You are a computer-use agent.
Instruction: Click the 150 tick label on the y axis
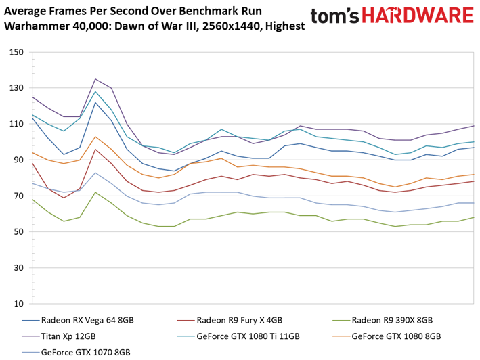(16, 52)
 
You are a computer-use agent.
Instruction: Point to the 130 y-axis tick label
(16, 88)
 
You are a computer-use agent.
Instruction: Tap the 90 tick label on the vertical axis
(18, 160)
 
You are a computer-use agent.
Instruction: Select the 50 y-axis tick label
(18, 232)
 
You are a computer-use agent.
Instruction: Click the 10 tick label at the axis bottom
(18, 304)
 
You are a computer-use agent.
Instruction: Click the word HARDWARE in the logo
(418, 16)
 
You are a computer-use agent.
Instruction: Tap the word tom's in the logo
(334, 16)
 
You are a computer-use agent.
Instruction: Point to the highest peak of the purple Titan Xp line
(95, 79)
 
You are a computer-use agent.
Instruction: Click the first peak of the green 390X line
(95, 192)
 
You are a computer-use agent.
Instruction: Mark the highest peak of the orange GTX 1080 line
(95, 137)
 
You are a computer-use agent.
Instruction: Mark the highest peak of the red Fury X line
(95, 150)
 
